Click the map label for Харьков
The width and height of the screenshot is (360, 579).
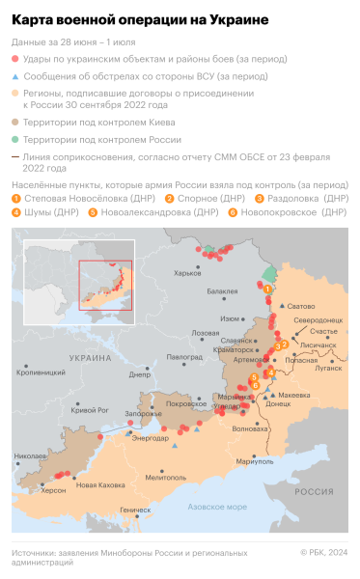pyautogui.click(x=187, y=274)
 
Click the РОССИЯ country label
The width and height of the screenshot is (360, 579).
pyautogui.click(x=313, y=491)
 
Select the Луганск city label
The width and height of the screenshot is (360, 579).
pyautogui.click(x=328, y=368)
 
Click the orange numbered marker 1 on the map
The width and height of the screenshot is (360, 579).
pyautogui.click(x=266, y=288)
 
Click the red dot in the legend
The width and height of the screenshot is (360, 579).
pyautogui.click(x=14, y=60)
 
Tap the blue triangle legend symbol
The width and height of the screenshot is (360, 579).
pyautogui.click(x=14, y=76)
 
